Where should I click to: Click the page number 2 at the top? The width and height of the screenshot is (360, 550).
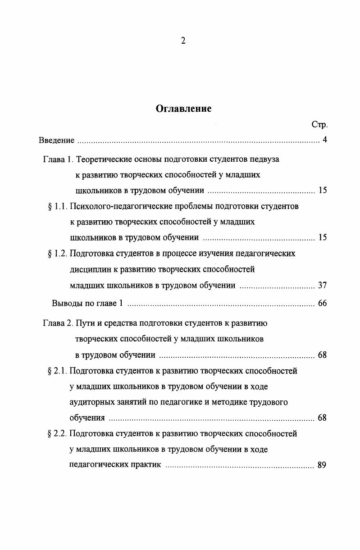(x=183, y=41)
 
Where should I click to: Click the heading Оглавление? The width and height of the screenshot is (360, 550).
(x=183, y=109)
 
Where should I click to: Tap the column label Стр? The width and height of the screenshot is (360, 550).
(x=319, y=124)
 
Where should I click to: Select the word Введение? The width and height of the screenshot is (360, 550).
(x=56, y=140)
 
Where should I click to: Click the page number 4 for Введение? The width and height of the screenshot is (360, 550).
(x=324, y=140)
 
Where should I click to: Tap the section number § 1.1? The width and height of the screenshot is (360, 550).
(x=57, y=206)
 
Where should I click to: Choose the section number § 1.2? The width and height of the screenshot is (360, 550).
(x=57, y=254)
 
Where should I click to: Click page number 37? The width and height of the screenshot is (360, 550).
(x=322, y=285)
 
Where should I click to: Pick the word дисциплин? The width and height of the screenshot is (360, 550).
(x=88, y=269)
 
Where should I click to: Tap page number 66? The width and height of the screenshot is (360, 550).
(x=322, y=303)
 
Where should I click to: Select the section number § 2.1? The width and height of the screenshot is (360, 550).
(x=57, y=371)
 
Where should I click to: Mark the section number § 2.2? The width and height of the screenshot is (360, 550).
(x=57, y=434)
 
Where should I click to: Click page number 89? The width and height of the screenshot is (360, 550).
(x=322, y=465)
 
